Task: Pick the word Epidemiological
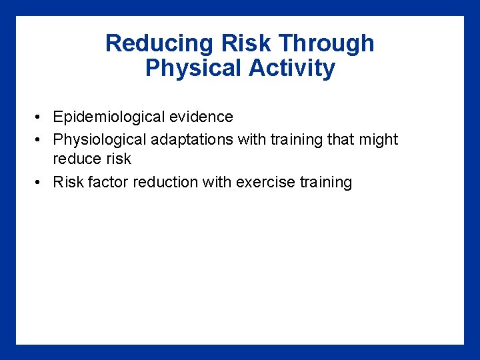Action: click(108, 117)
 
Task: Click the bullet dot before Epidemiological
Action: click(40, 118)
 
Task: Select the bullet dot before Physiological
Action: click(40, 141)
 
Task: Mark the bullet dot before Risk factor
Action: click(40, 183)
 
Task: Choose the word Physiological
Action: click(100, 140)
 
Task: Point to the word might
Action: click(378, 140)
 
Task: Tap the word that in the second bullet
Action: click(341, 140)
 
